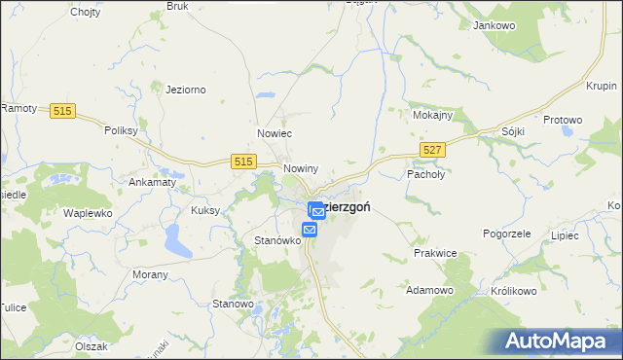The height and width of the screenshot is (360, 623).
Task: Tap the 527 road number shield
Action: (434, 148)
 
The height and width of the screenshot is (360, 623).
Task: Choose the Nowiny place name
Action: (301, 168)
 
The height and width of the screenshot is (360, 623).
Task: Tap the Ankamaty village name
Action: (152, 181)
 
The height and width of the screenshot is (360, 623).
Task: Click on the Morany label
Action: (150, 274)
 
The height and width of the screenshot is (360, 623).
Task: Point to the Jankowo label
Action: (493, 25)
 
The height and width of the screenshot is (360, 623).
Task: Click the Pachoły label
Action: (424, 174)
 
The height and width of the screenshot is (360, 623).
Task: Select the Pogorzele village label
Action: (506, 234)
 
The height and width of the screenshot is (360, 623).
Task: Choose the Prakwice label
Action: (434, 253)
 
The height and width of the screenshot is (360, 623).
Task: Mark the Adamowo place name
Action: (430, 290)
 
